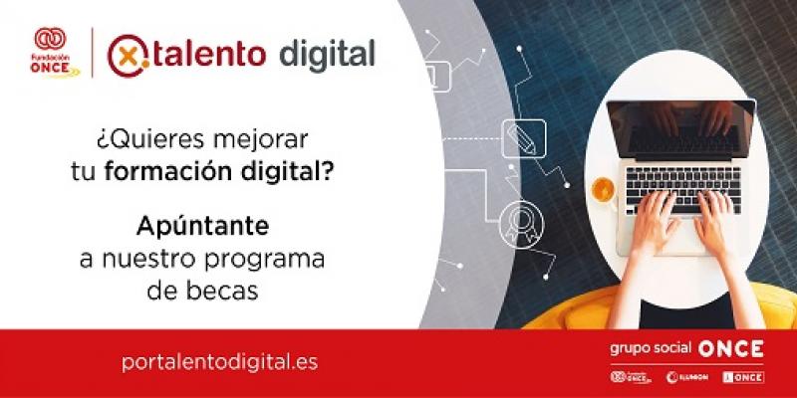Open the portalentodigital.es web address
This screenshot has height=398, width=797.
click(219, 361)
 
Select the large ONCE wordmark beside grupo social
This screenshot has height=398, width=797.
click(731, 348)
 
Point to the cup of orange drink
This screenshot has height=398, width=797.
click(603, 188)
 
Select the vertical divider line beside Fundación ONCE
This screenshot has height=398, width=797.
click(93, 53)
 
